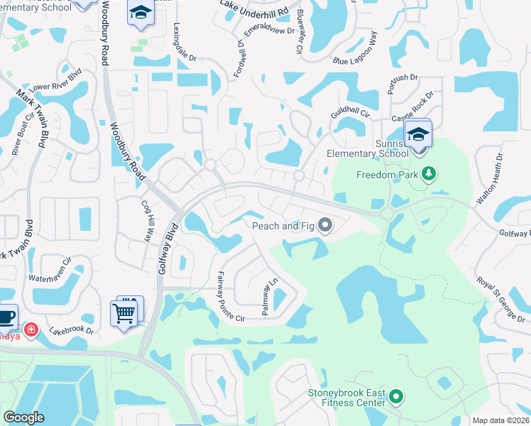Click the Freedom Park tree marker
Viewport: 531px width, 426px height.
[x=428, y=174]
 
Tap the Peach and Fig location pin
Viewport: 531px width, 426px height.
[x=326, y=226]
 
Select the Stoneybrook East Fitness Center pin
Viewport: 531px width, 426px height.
[x=396, y=397]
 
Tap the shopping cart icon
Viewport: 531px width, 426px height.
[x=124, y=312]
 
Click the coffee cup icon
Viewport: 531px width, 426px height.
[x=6, y=317]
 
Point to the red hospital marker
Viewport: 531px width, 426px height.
[x=31, y=329]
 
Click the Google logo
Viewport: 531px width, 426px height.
[x=24, y=417]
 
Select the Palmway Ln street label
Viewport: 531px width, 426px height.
[x=270, y=298]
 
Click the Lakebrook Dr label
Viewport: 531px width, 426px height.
[x=71, y=331]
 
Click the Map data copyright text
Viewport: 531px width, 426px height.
[x=501, y=420]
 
